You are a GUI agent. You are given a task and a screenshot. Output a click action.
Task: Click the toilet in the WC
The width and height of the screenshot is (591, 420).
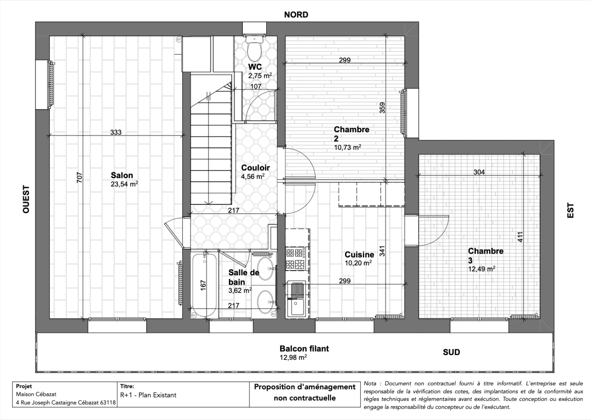tap(255, 47)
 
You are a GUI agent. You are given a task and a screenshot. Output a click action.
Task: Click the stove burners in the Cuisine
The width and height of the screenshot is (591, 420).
tap(296, 259)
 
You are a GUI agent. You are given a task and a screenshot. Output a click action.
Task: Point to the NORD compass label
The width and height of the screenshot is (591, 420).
tap(296, 15)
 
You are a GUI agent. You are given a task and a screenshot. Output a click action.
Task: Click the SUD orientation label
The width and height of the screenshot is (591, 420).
tap(451, 352)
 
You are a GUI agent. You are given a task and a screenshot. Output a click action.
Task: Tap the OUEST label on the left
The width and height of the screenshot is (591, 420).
tap(26, 199)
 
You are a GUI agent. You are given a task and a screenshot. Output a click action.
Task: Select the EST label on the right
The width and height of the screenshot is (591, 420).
tap(570, 210)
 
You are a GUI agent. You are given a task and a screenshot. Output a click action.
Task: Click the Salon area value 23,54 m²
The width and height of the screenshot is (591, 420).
tap(124, 184)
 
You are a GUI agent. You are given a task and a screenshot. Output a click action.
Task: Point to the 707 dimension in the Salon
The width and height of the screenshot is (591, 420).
tap(79, 178)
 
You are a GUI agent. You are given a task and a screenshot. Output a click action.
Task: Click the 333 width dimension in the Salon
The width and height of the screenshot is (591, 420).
tap(116, 132)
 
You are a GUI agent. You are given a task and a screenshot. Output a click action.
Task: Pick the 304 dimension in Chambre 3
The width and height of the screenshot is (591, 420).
tap(479, 172)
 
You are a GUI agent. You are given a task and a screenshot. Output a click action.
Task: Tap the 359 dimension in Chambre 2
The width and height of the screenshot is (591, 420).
tap(382, 108)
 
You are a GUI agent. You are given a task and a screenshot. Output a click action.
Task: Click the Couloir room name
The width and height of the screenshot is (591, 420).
tap(255, 168)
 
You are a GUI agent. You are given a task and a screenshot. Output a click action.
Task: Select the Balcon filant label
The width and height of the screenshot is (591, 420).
tap(304, 348)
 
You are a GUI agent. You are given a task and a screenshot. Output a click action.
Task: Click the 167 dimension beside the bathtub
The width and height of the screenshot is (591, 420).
tap(203, 285)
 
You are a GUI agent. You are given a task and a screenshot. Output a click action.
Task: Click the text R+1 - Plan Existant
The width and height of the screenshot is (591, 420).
tap(148, 395)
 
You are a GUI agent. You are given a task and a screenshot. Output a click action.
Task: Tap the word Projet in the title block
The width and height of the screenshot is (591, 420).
tap(24, 387)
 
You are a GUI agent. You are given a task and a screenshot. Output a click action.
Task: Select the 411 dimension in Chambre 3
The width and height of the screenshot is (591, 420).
tap(520, 237)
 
